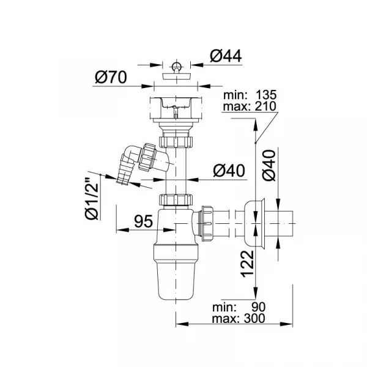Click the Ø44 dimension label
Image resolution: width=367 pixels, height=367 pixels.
[x=226, y=56]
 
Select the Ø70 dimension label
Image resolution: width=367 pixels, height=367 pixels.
[x=111, y=77]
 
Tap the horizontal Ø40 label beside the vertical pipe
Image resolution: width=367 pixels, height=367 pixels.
[x=229, y=171]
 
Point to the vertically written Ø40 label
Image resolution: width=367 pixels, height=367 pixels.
[x=269, y=165]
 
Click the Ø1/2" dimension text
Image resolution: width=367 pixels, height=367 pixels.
[x=92, y=198]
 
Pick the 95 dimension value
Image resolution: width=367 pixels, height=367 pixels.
[x=143, y=221]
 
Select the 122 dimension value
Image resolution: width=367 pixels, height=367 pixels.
[x=247, y=264]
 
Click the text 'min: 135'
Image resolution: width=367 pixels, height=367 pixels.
[x=250, y=95]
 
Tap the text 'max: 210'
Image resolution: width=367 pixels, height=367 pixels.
[x=250, y=106]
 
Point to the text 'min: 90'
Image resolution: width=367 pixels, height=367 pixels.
[x=239, y=307]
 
